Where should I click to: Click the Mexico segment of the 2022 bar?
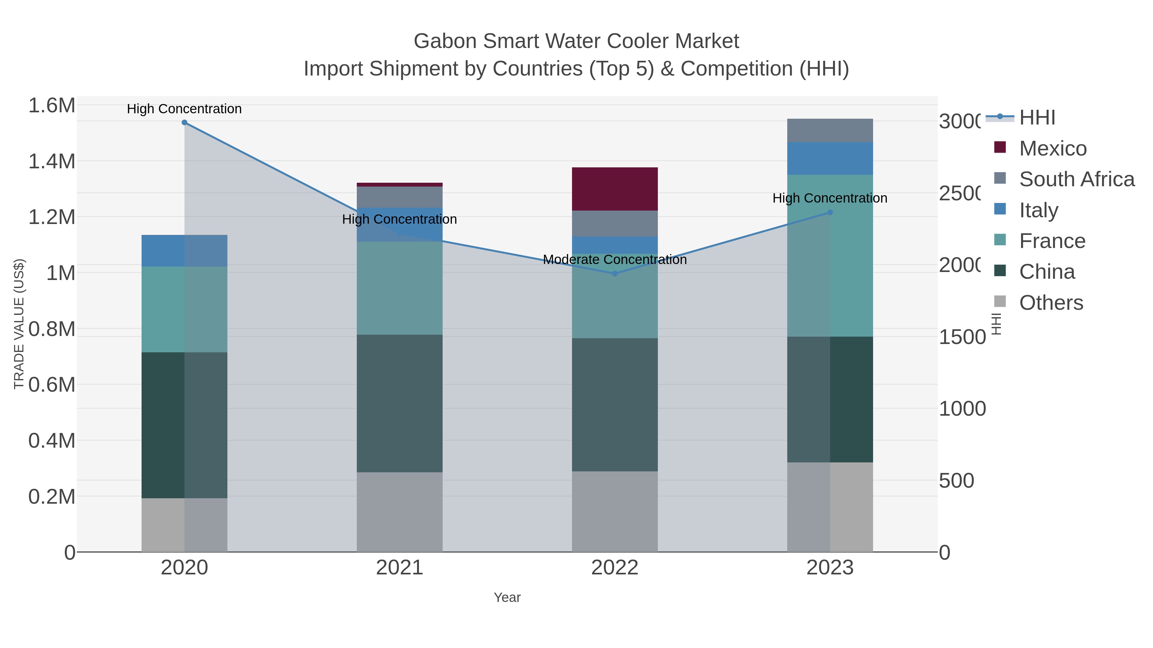click(615, 189)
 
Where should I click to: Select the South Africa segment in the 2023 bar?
click(830, 130)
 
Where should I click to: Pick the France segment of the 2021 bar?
click(399, 288)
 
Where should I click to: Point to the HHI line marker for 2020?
click(184, 123)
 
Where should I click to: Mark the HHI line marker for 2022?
click(615, 274)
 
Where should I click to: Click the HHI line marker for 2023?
click(830, 212)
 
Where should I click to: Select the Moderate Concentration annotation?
click(615, 260)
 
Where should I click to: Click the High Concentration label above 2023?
click(830, 198)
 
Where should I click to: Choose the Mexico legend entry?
click(1052, 148)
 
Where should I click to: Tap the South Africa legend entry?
click(1076, 179)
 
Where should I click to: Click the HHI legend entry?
click(1037, 118)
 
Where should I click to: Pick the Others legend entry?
click(1051, 303)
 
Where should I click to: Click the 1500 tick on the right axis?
click(962, 337)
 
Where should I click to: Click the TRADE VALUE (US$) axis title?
click(19, 324)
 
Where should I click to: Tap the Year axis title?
click(507, 597)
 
